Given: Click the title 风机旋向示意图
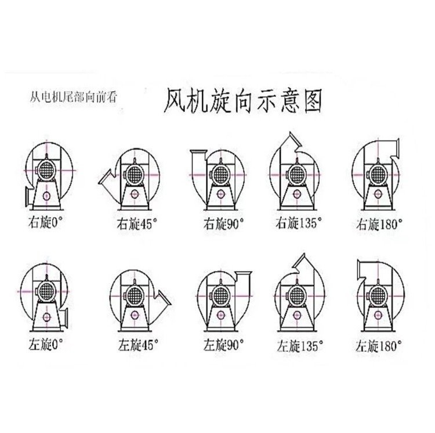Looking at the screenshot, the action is (243, 101).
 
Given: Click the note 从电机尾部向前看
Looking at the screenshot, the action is (74, 97).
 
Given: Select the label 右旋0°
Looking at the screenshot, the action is (45, 223).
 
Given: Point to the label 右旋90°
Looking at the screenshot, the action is (224, 223).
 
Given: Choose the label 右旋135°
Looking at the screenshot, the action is (299, 223).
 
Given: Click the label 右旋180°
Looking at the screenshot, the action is (379, 224).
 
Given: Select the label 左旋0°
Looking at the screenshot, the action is (45, 345).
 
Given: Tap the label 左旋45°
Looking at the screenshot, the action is (138, 345).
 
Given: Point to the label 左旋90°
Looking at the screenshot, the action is (224, 345).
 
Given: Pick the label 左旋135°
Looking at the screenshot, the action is (300, 346).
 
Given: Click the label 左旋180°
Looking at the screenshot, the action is (379, 346).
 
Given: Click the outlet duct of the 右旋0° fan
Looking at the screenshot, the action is (28, 196).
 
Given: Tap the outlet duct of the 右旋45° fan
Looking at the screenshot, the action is (107, 179).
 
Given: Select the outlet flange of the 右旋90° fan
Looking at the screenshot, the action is (198, 151).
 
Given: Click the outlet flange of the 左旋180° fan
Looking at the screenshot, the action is (358, 270).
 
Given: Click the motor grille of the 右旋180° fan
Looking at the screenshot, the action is (378, 175).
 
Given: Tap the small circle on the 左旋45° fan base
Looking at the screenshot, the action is (135, 315).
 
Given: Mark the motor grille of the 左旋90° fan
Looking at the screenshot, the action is (221, 295).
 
